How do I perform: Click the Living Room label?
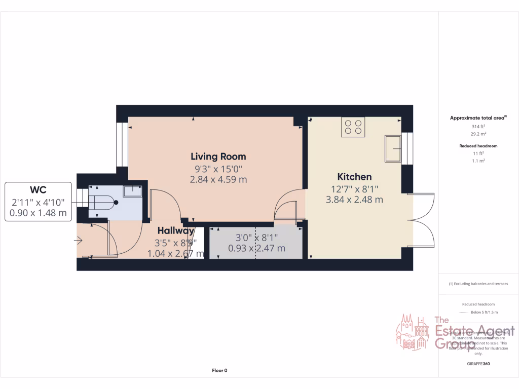[218, 157]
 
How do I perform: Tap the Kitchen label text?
[354, 177]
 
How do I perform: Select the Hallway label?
[175, 230]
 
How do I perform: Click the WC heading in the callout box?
[38, 190]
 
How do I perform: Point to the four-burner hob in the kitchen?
[353, 127]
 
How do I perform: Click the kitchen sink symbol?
[393, 148]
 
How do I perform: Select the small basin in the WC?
[133, 190]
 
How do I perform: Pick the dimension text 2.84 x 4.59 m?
[218, 180]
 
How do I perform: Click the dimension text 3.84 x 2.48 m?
[354, 200]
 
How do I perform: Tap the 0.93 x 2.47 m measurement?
[256, 248]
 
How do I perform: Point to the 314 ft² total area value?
[478, 126]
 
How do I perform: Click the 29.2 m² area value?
[478, 134]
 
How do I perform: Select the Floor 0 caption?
[219, 371]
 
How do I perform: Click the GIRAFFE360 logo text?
[478, 364]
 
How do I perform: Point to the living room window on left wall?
[122, 144]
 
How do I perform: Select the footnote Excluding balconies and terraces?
[478, 284]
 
